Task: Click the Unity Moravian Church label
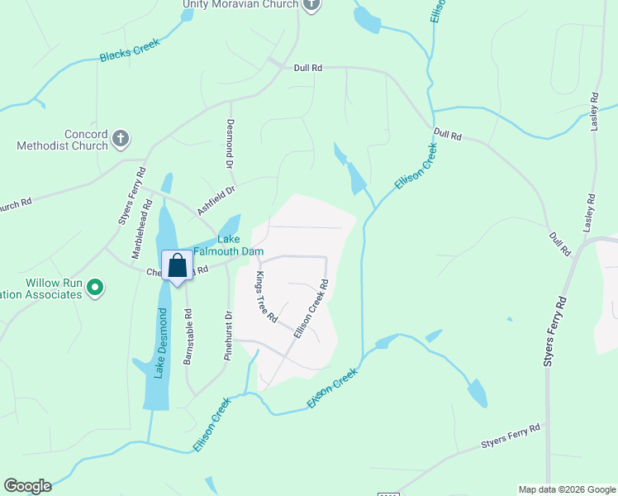240,5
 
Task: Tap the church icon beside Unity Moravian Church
311,6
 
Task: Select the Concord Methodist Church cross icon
121,138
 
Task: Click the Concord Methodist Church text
63,140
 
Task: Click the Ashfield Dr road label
216,200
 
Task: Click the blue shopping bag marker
177,266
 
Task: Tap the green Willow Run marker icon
95,288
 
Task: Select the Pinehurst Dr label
228,336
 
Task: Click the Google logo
27,486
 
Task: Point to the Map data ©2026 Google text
567,489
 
